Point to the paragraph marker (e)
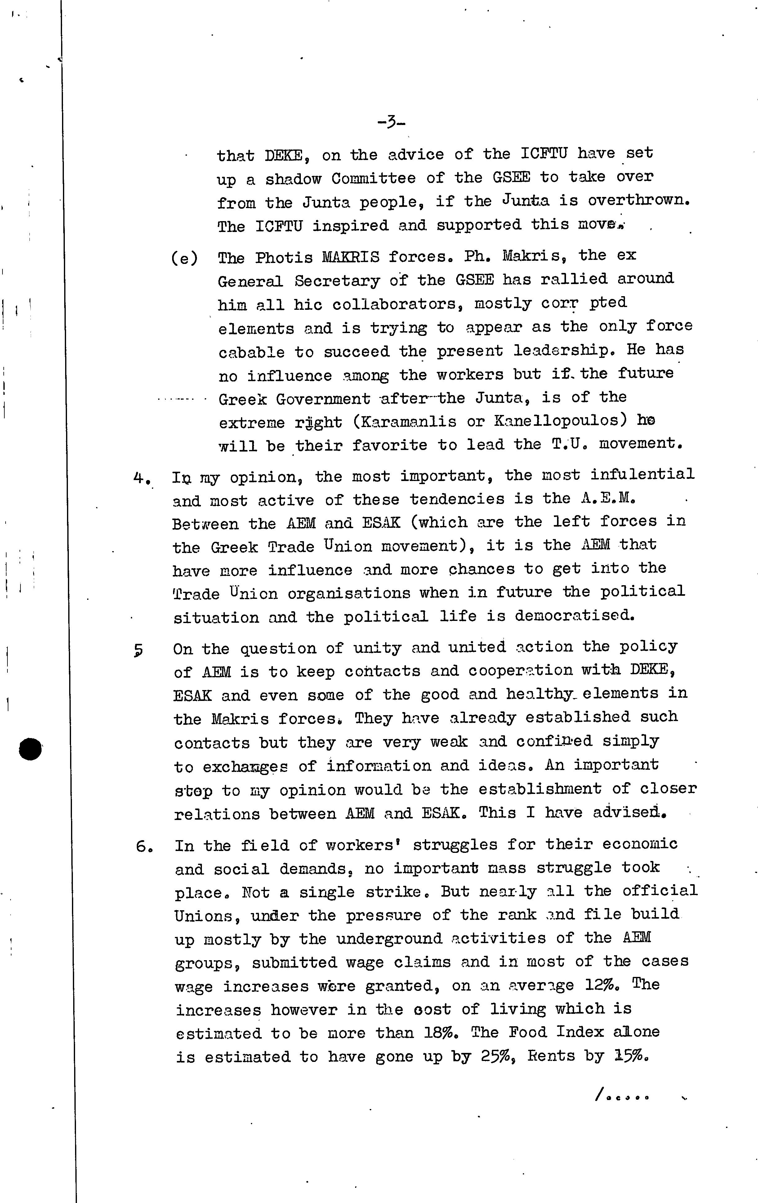184,259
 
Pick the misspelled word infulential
642,474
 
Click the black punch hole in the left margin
30,749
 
